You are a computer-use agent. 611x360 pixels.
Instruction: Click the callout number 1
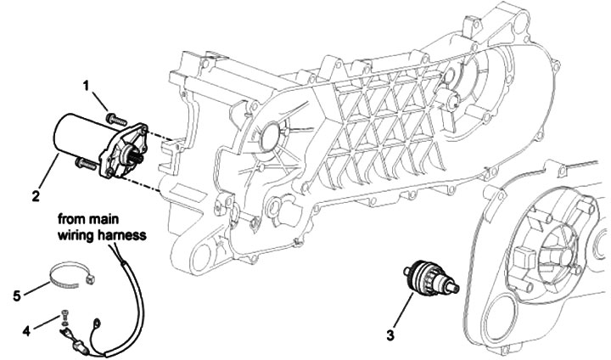click(87, 85)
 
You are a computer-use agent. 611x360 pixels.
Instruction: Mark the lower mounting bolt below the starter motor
click(84, 160)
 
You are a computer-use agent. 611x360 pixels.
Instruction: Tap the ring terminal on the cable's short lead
click(97, 321)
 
